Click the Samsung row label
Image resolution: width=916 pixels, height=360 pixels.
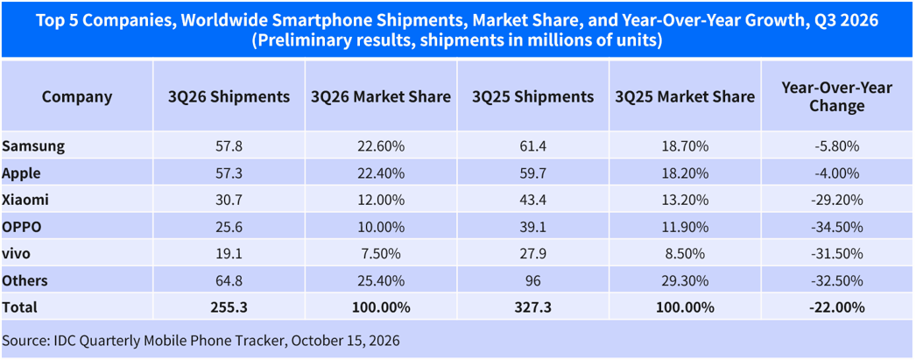[x=32, y=146]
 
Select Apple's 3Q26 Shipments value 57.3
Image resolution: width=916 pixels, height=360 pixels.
[x=229, y=173]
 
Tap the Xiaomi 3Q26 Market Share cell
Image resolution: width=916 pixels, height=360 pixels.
[x=381, y=201]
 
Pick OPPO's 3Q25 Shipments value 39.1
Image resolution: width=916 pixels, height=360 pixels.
[x=532, y=228]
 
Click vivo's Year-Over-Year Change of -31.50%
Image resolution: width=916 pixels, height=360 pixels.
[x=837, y=254]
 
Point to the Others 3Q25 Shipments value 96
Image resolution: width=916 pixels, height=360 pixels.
[x=532, y=281]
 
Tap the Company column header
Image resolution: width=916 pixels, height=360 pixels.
[x=77, y=97]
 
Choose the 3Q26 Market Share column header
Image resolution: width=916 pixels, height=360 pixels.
[x=381, y=97]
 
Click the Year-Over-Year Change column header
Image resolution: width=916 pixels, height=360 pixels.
[x=837, y=97]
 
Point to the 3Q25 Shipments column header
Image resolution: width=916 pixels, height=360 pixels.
[x=532, y=97]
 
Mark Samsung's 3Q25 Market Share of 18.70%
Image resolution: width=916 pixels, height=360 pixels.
[x=685, y=146]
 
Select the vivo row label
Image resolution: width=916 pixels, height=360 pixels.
[x=17, y=254]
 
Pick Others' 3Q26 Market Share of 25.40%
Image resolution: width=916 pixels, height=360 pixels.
[x=381, y=281]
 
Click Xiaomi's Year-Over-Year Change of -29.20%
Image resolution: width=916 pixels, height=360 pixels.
[x=837, y=201]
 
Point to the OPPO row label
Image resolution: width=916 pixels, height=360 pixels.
[x=22, y=228]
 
